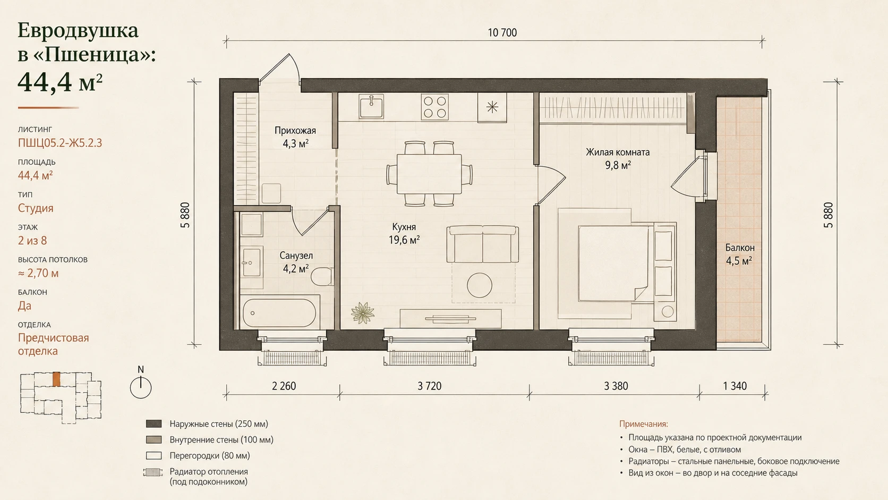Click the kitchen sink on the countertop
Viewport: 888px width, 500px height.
click(x=371, y=106)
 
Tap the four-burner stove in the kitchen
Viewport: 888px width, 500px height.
click(x=435, y=107)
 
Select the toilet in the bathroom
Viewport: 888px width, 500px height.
click(x=322, y=276)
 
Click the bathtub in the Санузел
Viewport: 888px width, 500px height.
click(x=279, y=313)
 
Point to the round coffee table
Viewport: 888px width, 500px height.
click(x=480, y=285)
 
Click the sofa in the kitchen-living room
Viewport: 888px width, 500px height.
click(x=482, y=244)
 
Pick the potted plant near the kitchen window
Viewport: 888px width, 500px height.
click(x=362, y=312)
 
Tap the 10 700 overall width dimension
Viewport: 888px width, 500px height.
click(x=502, y=32)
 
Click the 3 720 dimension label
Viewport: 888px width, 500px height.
click(x=429, y=386)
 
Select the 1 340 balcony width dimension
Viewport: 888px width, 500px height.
click(x=735, y=386)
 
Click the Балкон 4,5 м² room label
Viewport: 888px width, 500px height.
click(x=740, y=254)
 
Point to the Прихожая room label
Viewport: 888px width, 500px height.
click(x=295, y=131)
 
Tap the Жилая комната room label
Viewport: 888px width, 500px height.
click(x=618, y=152)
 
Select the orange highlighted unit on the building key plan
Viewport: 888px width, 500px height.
click(x=57, y=379)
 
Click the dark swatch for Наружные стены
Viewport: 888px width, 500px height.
click(x=154, y=424)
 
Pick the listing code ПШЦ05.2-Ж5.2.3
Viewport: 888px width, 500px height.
click(x=60, y=143)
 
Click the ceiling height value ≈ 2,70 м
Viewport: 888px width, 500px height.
click(x=38, y=273)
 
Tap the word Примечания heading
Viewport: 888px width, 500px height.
click(x=643, y=424)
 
